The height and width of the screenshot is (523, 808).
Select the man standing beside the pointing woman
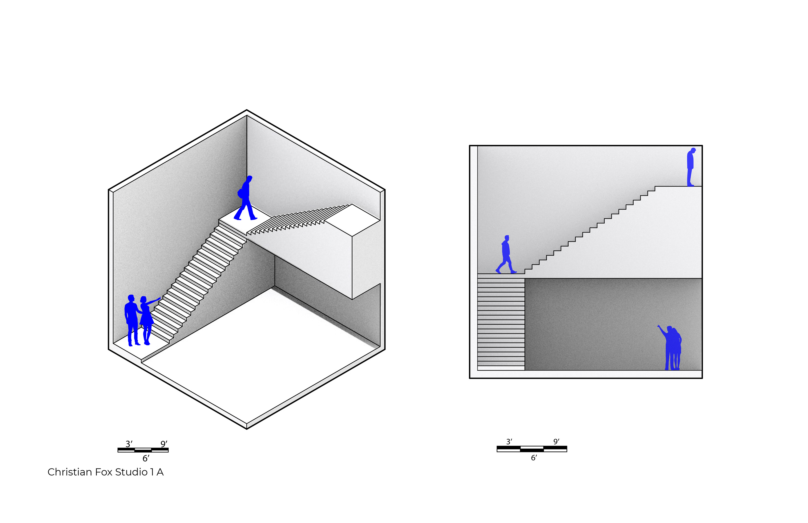tap(132, 319)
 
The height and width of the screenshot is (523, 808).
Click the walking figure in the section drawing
tap(506, 255)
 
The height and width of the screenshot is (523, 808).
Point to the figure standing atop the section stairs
tap(690, 166)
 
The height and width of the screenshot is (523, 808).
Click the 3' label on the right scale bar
tap(509, 442)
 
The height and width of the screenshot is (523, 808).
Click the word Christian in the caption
tap(70, 472)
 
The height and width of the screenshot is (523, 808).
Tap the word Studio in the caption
tap(131, 472)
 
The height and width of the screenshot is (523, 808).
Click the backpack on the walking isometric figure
tap(240, 193)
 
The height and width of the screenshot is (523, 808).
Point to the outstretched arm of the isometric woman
tap(153, 301)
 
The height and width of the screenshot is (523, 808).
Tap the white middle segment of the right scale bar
tap(532, 447)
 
